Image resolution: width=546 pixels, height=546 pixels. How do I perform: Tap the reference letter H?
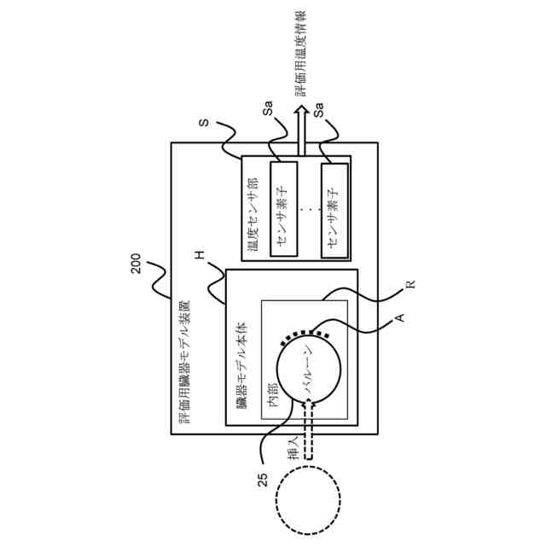point(200,256)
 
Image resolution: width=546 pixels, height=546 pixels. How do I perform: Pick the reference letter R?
point(409,284)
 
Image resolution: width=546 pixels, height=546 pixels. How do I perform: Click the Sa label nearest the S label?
point(267,111)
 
